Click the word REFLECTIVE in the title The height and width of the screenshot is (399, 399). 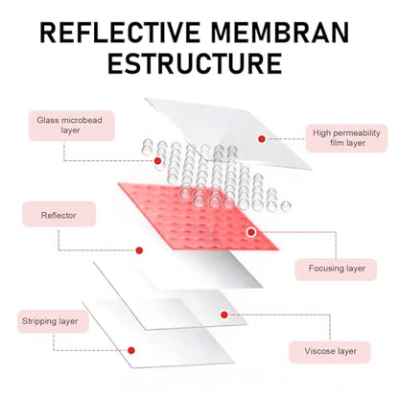pos(119,33)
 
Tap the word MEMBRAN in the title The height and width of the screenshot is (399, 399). pos(280,33)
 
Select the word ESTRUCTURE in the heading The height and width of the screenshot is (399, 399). pos(195,63)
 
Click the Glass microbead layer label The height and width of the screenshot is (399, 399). pos(72,126)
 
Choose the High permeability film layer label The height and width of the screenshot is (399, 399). pos(346,138)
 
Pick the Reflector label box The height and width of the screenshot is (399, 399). pos(59,215)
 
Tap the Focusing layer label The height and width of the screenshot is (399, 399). pos(336,269)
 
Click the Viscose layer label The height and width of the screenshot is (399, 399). pos(330,352)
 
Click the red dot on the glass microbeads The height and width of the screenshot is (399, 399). pos(157,161)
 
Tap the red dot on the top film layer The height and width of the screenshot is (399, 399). pos(262,139)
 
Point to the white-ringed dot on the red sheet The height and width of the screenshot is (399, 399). pos(251,232)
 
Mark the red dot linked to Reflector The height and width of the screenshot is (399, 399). pos(139,250)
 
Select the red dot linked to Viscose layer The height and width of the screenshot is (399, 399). pos(224,315)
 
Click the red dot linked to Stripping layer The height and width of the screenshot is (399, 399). pos(131,350)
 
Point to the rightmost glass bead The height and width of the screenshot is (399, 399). pos(286,206)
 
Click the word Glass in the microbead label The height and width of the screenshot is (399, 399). pos(48,120)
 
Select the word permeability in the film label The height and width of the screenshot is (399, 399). pos(358,133)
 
